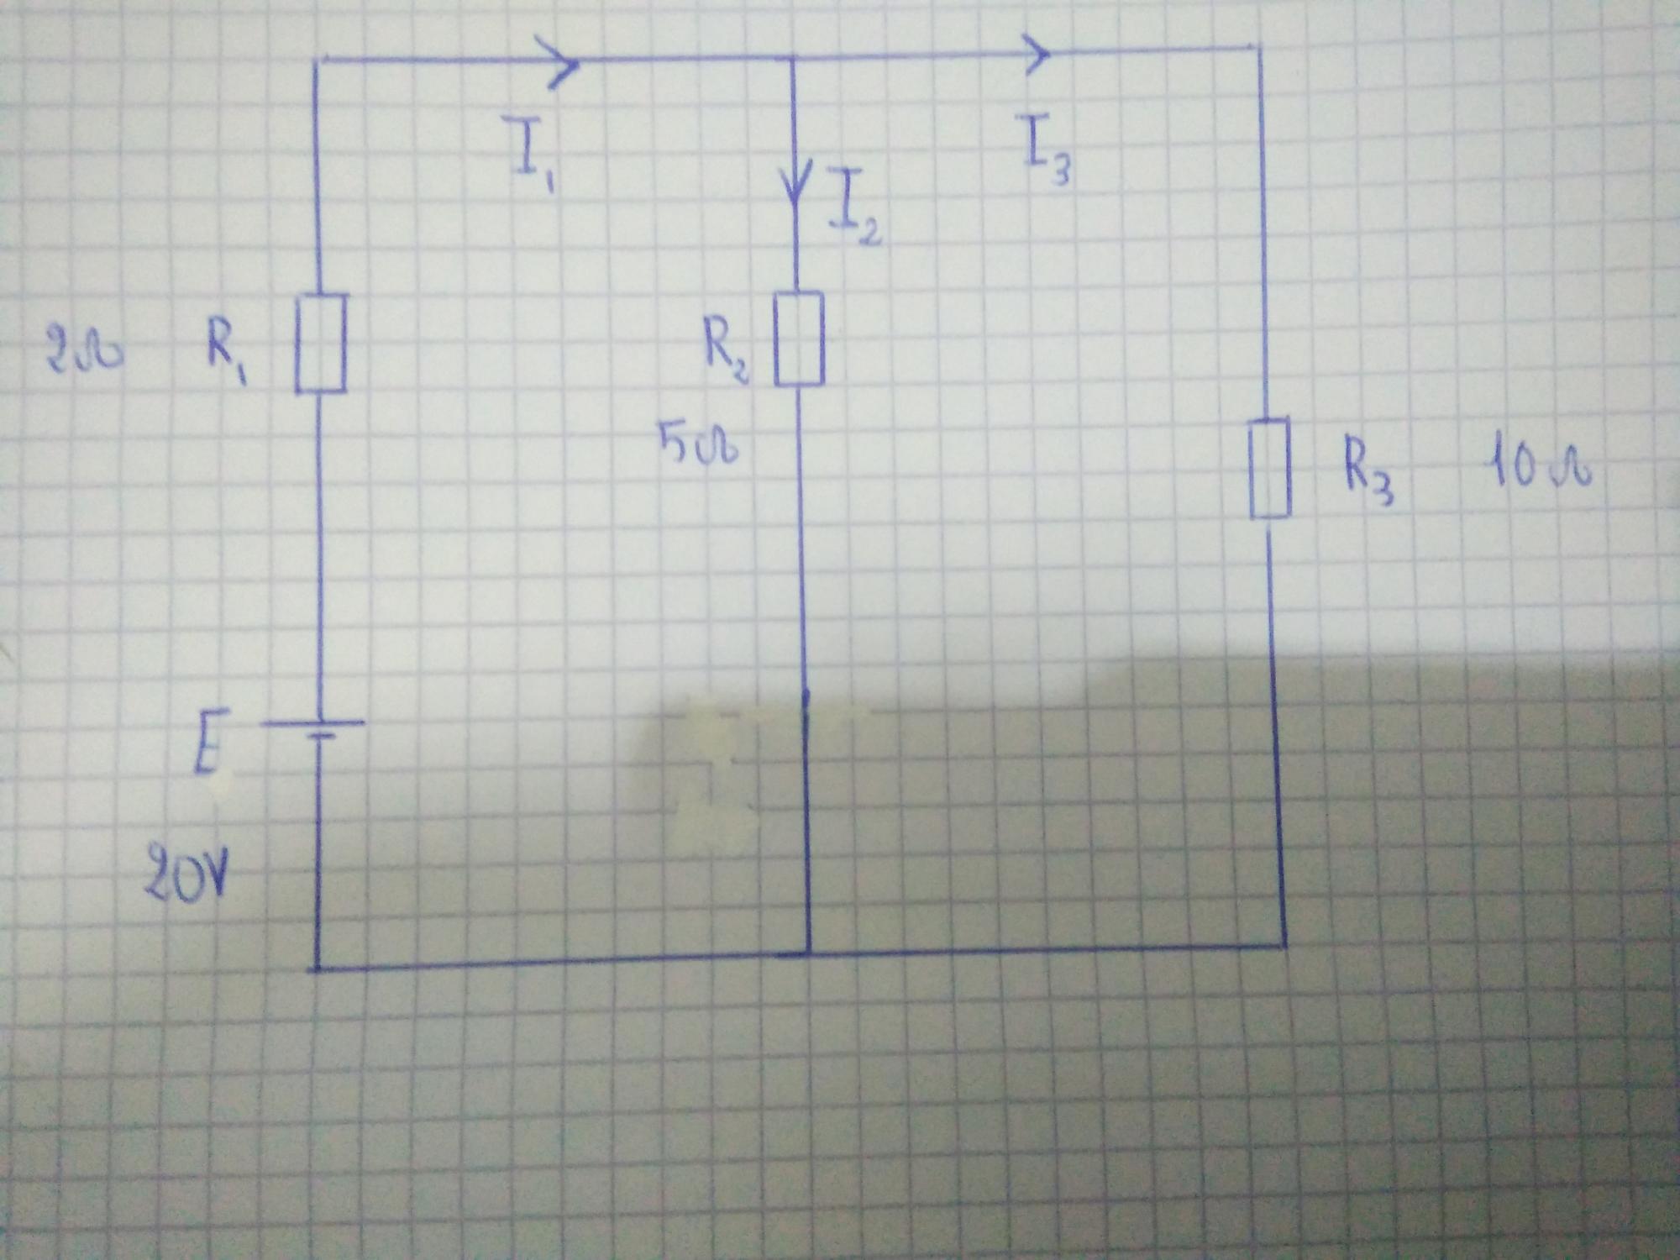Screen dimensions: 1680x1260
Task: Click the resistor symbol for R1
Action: pyautogui.click(x=320, y=343)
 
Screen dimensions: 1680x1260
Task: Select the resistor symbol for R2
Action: pyautogui.click(x=798, y=339)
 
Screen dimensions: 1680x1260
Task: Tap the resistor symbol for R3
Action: pyautogui.click(x=1270, y=469)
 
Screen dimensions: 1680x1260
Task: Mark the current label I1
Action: pyautogui.click(x=529, y=151)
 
